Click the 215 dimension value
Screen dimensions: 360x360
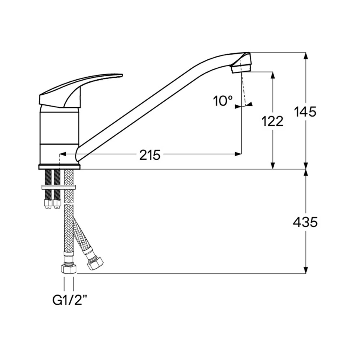tap(150, 155)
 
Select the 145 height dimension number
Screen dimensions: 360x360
tap(305, 112)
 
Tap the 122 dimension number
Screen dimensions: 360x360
tap(273, 121)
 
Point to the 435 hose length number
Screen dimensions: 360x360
tap(305, 222)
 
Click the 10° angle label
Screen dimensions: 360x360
tap(223, 101)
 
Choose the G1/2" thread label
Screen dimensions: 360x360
tap(70, 300)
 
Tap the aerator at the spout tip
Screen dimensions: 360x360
tap(241, 69)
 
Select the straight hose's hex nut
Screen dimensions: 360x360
tap(69, 269)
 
